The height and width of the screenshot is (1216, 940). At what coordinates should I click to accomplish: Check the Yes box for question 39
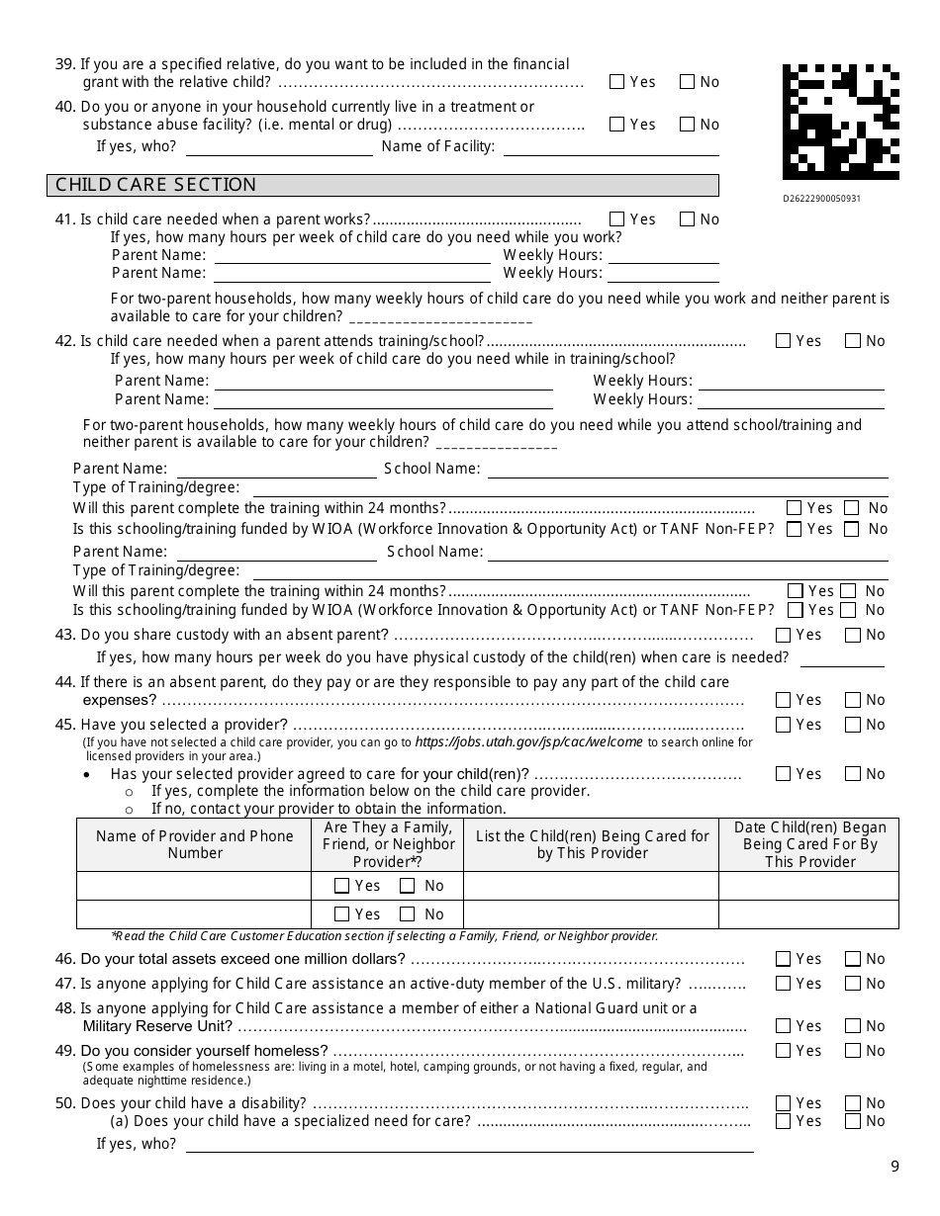[617, 82]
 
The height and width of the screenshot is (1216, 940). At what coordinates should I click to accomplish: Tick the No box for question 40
[687, 125]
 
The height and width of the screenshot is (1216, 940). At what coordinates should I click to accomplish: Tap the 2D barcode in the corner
[840, 122]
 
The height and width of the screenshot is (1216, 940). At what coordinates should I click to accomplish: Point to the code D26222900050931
[821, 198]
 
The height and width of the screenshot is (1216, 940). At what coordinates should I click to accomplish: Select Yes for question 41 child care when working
[617, 219]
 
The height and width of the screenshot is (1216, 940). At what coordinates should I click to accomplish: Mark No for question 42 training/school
[853, 341]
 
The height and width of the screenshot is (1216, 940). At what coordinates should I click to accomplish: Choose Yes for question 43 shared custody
[784, 635]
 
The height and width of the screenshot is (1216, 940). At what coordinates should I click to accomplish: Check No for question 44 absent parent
[853, 700]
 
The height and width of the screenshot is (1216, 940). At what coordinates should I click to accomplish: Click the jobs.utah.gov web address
[528, 742]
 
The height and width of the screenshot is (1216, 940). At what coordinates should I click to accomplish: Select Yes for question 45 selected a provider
[784, 725]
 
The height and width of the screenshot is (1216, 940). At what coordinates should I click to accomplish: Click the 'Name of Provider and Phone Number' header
[195, 844]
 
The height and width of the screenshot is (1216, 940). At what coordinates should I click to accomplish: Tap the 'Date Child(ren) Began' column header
[809, 844]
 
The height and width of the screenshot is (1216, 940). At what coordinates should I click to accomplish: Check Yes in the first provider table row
[342, 886]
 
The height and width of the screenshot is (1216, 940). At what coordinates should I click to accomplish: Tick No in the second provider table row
[408, 914]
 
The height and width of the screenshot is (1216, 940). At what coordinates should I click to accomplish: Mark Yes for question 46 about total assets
[784, 959]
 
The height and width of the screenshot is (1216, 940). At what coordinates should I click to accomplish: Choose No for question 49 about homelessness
[853, 1051]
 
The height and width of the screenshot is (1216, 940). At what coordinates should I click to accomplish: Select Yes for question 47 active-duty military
[784, 984]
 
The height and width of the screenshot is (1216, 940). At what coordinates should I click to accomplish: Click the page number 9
[894, 1167]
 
